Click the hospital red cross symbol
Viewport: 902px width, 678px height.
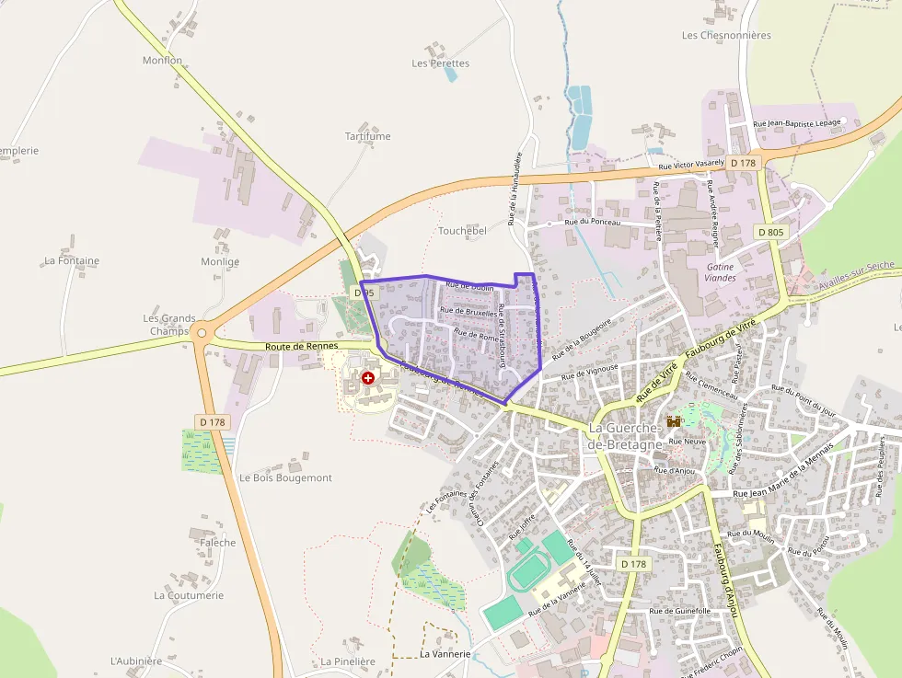[368, 378]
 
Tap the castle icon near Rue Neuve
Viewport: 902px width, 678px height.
[674, 421]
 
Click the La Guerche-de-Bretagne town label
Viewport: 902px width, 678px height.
[625, 437]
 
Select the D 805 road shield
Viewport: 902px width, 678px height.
[771, 233]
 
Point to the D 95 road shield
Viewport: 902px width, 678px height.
[364, 293]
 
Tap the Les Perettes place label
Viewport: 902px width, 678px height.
[441, 63]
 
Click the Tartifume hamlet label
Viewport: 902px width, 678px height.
[367, 136]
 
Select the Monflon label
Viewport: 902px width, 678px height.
[162, 61]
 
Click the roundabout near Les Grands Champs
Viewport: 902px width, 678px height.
[202, 333]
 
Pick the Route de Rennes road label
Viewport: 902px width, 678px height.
[301, 346]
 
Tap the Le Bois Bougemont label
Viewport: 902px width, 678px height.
[285, 478]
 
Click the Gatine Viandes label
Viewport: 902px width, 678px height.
[720, 271]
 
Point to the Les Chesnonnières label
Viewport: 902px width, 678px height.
[726, 35]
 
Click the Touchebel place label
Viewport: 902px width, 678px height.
[462, 231]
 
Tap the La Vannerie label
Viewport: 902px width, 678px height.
[445, 654]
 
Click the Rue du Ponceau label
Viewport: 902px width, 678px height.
[593, 222]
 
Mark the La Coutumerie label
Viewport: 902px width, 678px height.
[189, 595]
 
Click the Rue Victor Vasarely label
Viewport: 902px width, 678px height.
[691, 165]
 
